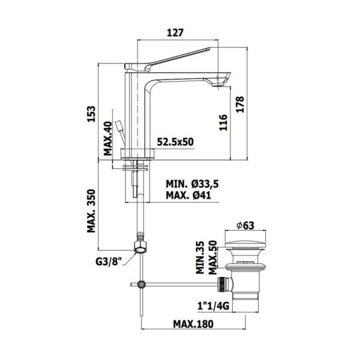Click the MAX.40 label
pyautogui.click(x=108, y=139)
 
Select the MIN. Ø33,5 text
pyautogui.click(x=192, y=184)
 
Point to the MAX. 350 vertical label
pyautogui.click(x=91, y=211)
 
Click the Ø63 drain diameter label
pyautogui.click(x=246, y=225)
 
